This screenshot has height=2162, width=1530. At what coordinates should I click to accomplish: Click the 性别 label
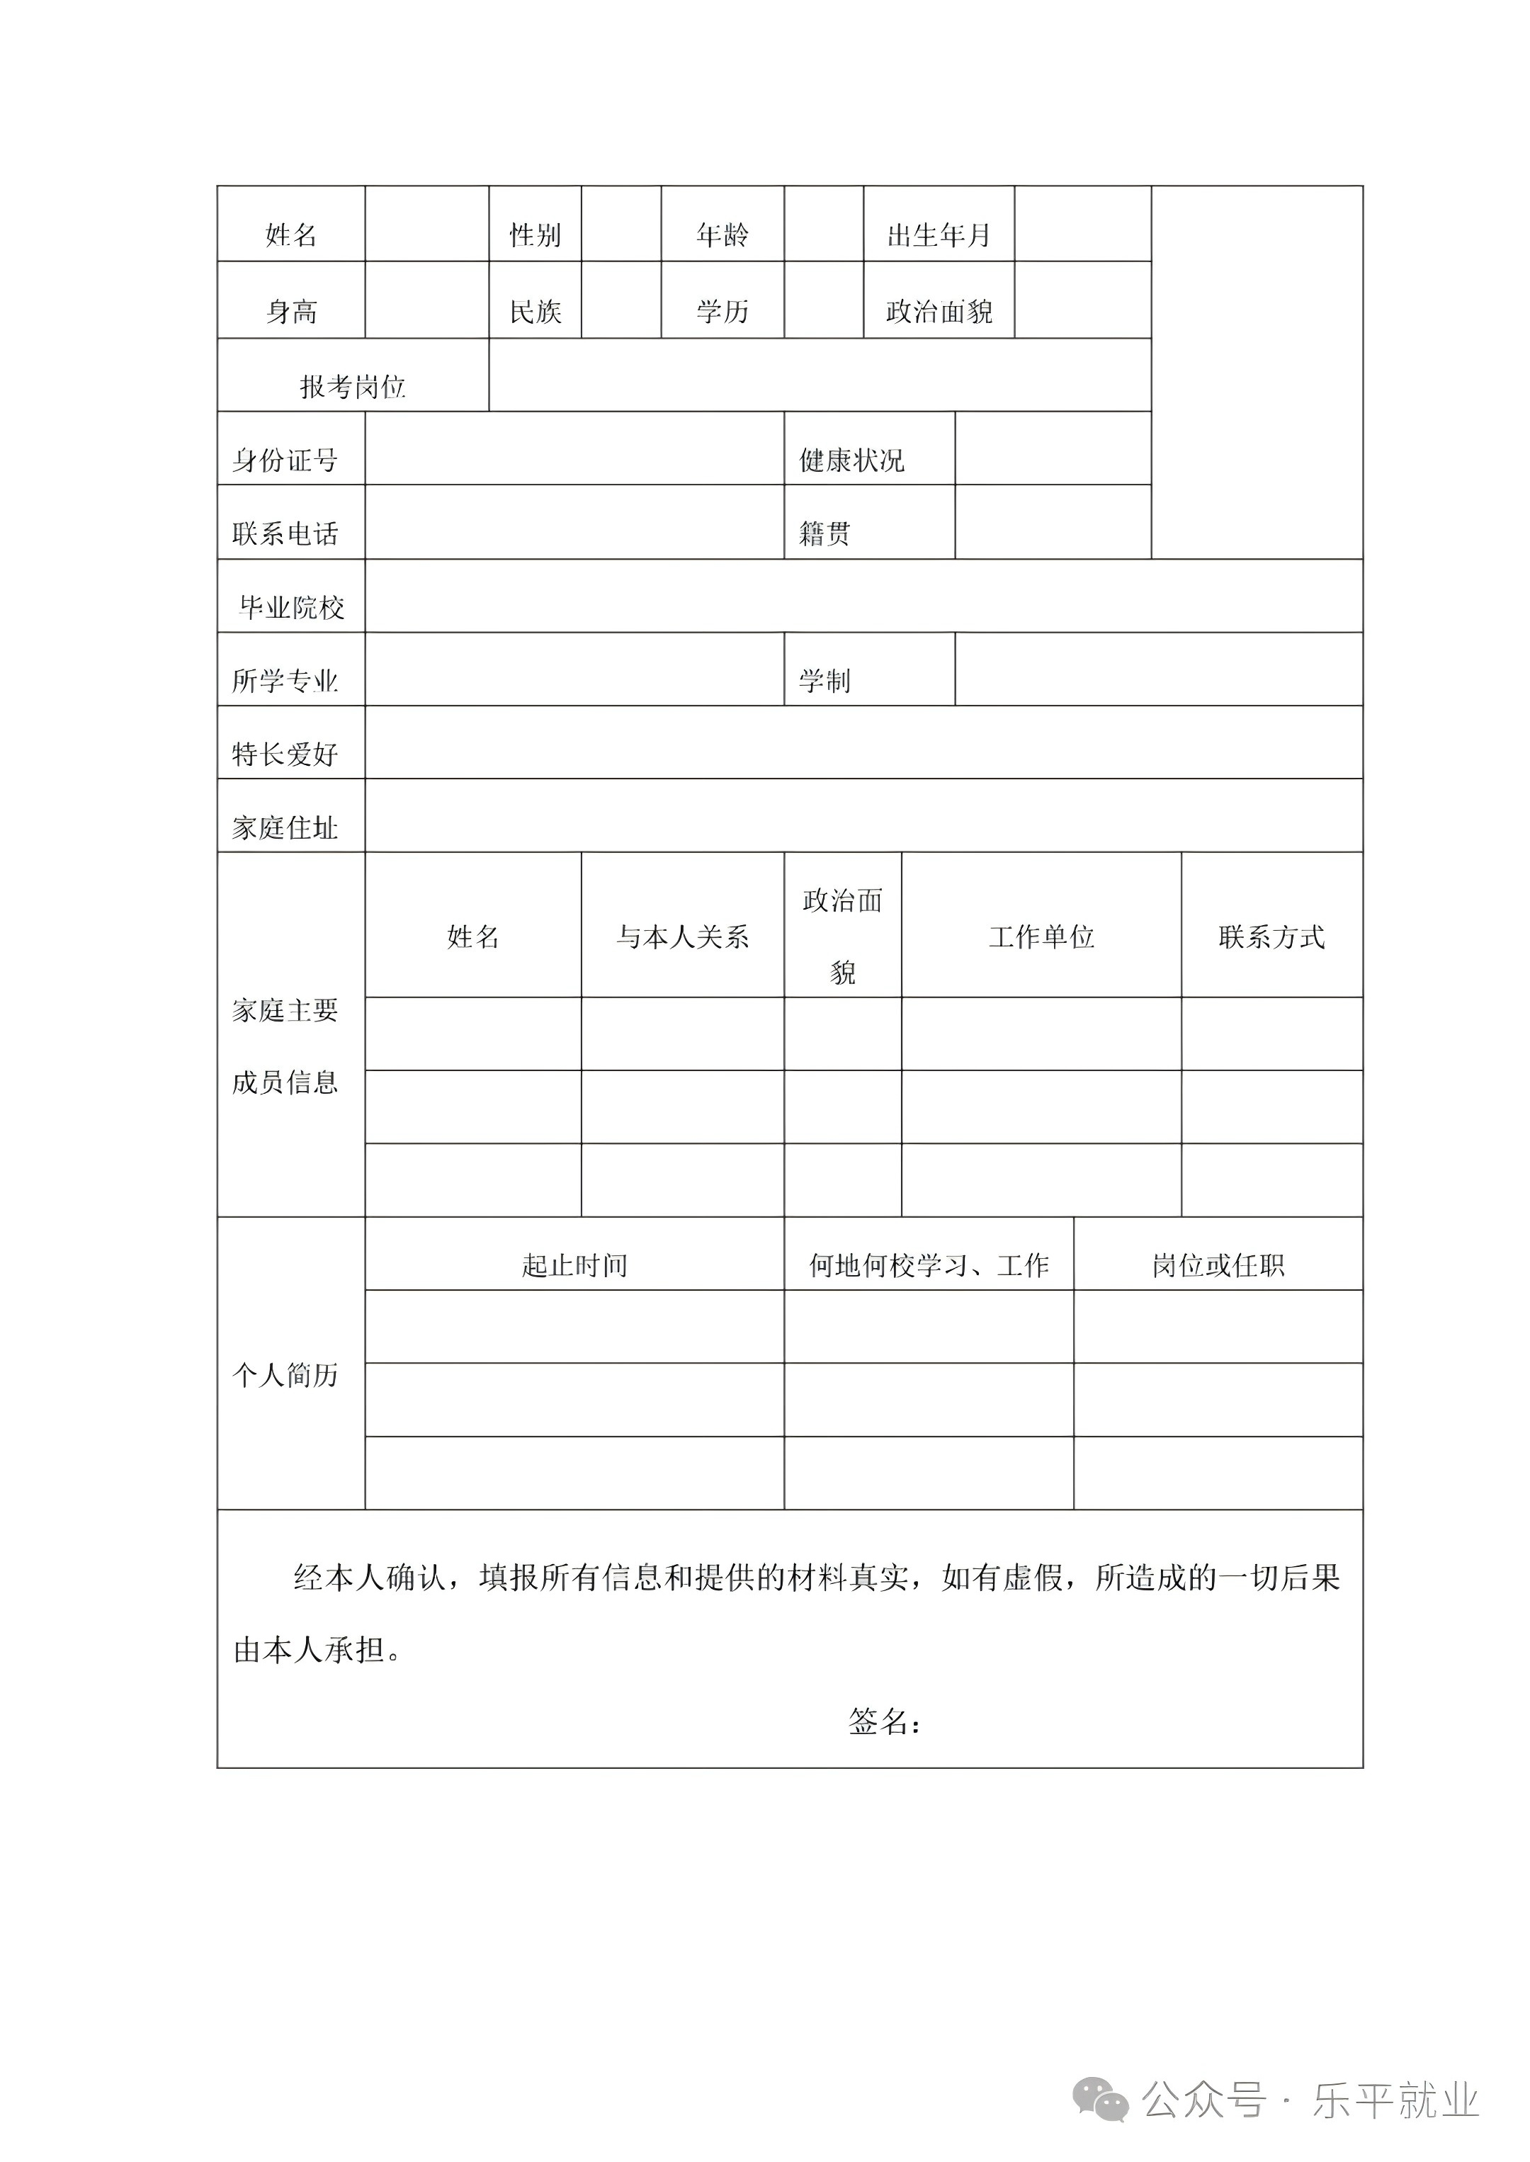pyautogui.click(x=535, y=234)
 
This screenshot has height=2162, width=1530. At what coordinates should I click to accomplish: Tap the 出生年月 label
pyautogui.click(x=939, y=234)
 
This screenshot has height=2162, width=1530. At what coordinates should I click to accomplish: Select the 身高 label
pyautogui.click(x=291, y=311)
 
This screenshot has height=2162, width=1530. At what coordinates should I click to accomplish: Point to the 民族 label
pyautogui.click(x=535, y=311)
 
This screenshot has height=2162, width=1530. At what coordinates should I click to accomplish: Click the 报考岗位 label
pyautogui.click(x=352, y=386)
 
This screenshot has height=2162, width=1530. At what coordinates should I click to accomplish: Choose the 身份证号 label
pyautogui.click(x=285, y=460)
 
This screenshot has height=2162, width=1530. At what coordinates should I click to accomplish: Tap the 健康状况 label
pyautogui.click(x=851, y=460)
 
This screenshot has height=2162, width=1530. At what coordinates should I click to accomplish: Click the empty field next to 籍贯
pyautogui.click(x=1053, y=522)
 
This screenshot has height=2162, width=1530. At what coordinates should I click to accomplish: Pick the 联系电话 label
pyautogui.click(x=285, y=533)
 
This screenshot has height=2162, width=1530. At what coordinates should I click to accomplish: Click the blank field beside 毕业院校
pyautogui.click(x=863, y=595)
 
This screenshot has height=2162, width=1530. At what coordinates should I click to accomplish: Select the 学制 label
pyautogui.click(x=824, y=680)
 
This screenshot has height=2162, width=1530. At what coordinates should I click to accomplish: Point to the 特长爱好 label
pyautogui.click(x=285, y=754)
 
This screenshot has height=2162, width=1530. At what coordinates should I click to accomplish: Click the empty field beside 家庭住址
pyautogui.click(x=863, y=816)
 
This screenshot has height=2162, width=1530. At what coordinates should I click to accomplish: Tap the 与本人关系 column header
pyautogui.click(x=682, y=936)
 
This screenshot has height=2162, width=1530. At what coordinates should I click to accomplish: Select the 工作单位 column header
pyautogui.click(x=1041, y=936)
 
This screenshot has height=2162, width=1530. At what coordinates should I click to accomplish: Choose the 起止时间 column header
pyautogui.click(x=574, y=1264)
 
